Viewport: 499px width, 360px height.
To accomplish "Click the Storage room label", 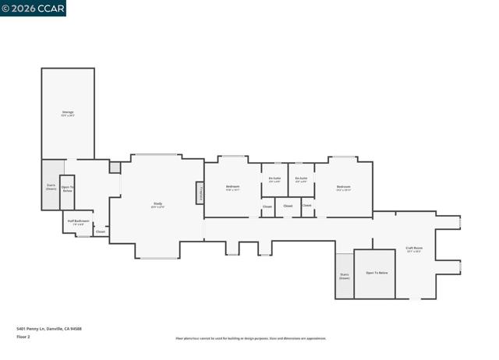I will [x=68, y=114].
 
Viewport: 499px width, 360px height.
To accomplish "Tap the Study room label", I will [x=157, y=206].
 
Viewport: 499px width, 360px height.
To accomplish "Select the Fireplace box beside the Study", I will [x=200, y=192].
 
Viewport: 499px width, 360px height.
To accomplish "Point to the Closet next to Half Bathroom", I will [x=101, y=231].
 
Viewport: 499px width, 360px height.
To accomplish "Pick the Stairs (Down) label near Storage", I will [x=51, y=187].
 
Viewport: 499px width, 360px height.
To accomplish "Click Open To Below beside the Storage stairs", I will [x=68, y=189].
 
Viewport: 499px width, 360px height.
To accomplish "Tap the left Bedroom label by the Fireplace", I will [x=232, y=187].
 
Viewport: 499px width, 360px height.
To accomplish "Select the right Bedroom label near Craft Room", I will [x=343, y=187].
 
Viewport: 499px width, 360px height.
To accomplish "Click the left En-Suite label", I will [x=274, y=179].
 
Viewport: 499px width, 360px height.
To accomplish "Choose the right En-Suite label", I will [x=301, y=179].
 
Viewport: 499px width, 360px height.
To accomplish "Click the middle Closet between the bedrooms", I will [x=288, y=206].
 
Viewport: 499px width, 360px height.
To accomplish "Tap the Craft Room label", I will [x=413, y=249].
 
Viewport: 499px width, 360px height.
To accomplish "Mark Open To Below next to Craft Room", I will [x=377, y=274].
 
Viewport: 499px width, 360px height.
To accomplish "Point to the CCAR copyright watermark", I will [x=33, y=8].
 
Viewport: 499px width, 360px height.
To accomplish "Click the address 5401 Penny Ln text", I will [x=48, y=329].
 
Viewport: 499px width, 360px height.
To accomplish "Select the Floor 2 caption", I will [x=23, y=337].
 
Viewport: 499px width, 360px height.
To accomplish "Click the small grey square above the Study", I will [x=115, y=168].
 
